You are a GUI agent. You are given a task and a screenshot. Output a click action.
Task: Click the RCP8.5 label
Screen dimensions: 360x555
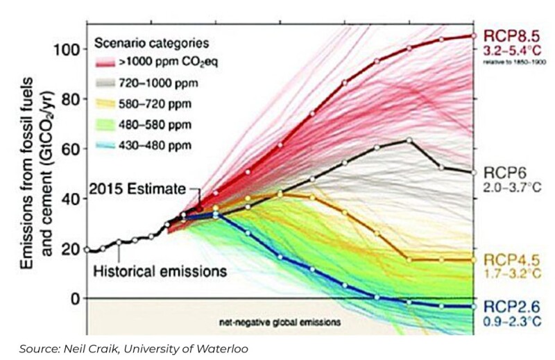511,35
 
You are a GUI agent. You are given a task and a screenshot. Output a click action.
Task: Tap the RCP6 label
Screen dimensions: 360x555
504,172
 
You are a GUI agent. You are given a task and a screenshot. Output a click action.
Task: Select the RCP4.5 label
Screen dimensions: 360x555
510,260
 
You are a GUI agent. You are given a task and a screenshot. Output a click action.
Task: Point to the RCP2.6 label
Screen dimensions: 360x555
511,305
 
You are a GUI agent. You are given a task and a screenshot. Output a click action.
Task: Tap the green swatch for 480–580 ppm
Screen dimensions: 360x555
105,126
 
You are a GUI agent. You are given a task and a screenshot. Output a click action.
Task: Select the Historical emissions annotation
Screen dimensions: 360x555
160,270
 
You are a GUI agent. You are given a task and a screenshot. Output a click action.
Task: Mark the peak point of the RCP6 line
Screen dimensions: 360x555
409,141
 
